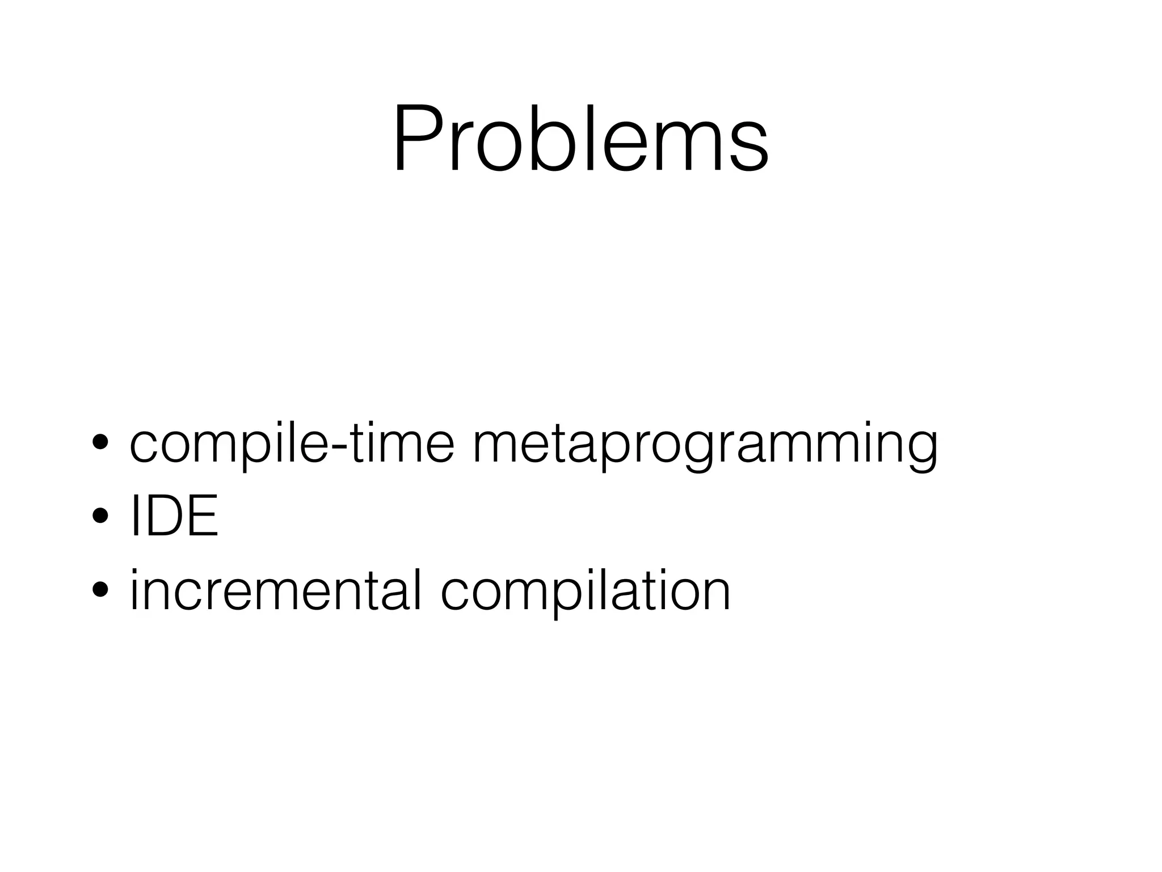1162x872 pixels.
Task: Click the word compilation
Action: pos(585,593)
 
